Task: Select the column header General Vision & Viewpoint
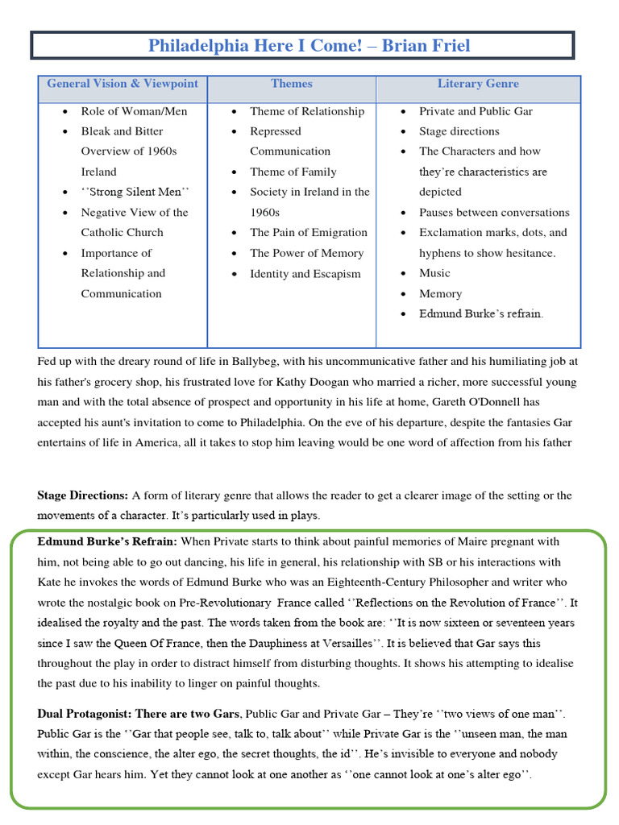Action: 123,84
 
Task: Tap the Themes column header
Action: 292,84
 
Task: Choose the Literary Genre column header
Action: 478,84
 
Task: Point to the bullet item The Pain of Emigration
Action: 308,232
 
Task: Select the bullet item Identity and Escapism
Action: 305,273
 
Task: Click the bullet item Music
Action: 434,273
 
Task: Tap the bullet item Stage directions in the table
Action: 459,131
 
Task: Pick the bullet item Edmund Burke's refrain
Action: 480,313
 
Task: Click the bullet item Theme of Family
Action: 293,172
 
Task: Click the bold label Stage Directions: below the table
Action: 83,495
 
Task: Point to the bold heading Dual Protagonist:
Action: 84,713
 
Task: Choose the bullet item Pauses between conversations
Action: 493,213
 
